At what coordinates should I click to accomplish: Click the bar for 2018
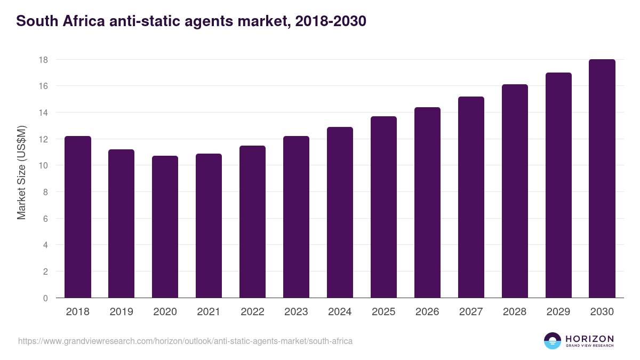click(78, 217)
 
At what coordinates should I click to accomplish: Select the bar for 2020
click(165, 227)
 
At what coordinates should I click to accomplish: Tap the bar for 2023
click(296, 217)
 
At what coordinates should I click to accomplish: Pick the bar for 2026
click(427, 203)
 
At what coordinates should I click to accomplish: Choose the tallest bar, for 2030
click(602, 179)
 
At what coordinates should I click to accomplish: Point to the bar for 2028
click(515, 191)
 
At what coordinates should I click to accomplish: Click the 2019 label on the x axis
click(122, 312)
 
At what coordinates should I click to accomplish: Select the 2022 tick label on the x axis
click(252, 312)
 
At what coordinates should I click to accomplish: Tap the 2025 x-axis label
click(383, 312)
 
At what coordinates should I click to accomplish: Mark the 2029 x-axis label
click(558, 312)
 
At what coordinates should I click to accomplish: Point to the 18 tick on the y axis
click(43, 60)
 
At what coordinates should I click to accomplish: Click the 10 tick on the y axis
click(43, 165)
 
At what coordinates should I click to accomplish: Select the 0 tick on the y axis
click(45, 298)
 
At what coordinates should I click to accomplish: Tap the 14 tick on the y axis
click(43, 113)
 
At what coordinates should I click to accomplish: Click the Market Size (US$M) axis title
click(21, 172)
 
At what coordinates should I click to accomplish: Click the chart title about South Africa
click(191, 21)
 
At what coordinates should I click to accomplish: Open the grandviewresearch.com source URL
click(185, 341)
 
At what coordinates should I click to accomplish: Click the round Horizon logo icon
click(553, 341)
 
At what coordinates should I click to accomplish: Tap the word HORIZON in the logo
click(589, 338)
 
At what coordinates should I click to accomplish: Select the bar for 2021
click(209, 226)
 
